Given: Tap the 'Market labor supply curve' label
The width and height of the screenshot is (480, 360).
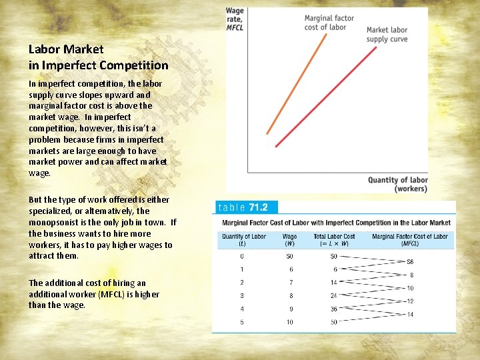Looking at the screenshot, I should [387, 35].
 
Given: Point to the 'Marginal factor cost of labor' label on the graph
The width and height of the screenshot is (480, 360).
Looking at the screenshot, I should [329, 23].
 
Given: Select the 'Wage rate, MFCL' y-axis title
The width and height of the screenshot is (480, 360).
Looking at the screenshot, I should [235, 19].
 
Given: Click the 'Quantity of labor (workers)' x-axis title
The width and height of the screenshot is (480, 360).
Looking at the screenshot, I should [397, 184].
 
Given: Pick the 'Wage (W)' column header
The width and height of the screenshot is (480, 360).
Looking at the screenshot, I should [289, 240].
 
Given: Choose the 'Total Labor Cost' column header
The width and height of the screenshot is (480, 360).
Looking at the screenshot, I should [335, 236].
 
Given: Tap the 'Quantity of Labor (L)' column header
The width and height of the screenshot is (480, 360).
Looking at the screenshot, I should [243, 240].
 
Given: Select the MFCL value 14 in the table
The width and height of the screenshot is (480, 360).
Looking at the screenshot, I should [410, 315].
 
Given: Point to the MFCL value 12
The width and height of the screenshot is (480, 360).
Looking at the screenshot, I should [410, 301].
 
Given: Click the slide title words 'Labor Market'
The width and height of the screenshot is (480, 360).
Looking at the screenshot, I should [66, 49].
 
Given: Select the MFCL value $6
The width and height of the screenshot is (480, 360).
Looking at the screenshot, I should [410, 262].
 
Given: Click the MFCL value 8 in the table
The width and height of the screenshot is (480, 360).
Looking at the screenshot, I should [411, 275].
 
